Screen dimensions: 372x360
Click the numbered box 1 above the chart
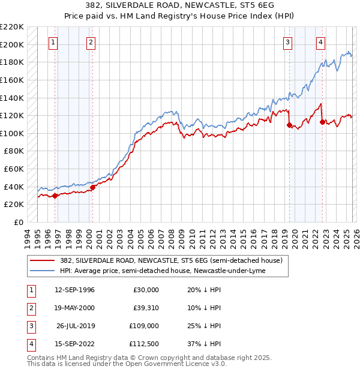click(54, 42)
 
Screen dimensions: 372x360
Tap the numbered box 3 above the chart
click(288, 42)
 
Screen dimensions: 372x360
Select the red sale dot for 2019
click(289, 125)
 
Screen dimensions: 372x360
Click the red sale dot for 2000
click(93, 187)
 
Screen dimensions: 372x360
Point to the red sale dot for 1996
click(55, 196)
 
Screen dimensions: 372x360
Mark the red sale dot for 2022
click(322, 122)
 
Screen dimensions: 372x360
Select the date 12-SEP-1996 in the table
click(74, 289)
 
